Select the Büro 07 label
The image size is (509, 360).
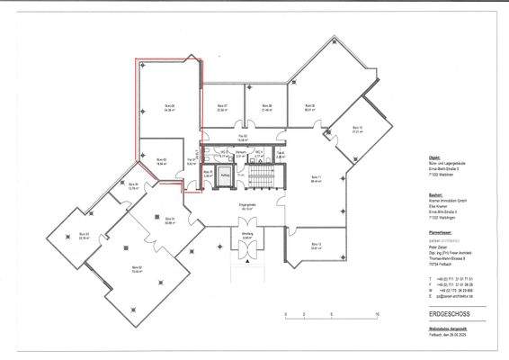click(x=222, y=106)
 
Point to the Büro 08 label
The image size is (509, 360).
click(x=267, y=106)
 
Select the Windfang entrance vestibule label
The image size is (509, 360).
click(x=249, y=238)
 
